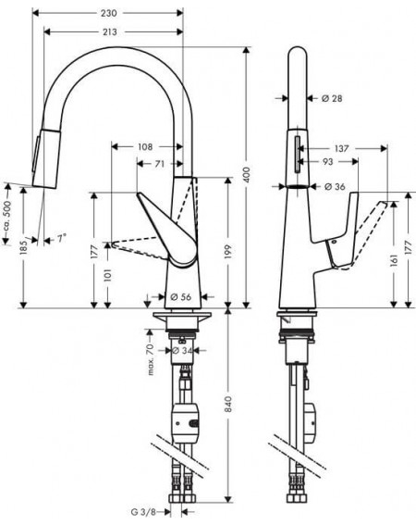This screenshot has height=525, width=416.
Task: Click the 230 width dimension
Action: (109, 13)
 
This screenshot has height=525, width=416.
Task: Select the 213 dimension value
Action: (109, 31)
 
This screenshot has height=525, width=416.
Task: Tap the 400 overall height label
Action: (247, 174)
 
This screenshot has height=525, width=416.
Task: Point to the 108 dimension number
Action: (145, 146)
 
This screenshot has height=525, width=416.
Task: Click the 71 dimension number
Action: (160, 164)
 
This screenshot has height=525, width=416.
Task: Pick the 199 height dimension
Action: (228, 253)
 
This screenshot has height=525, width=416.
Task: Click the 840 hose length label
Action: (228, 404)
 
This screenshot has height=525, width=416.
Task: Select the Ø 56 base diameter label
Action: (180, 296)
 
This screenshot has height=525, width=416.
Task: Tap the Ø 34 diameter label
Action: (182, 351)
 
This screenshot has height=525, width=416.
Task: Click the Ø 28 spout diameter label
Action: (332, 98)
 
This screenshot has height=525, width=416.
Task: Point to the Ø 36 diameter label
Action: (335, 186)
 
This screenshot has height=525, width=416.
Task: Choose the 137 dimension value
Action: (341, 148)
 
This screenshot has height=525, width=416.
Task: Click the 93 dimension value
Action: (328, 162)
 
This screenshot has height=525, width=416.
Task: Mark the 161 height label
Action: (394, 260)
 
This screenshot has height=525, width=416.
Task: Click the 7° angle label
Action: (61, 238)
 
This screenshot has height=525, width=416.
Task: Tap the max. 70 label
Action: (150, 359)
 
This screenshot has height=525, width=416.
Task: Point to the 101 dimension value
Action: (107, 275)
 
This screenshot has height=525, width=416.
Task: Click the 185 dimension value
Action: (23, 248)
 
